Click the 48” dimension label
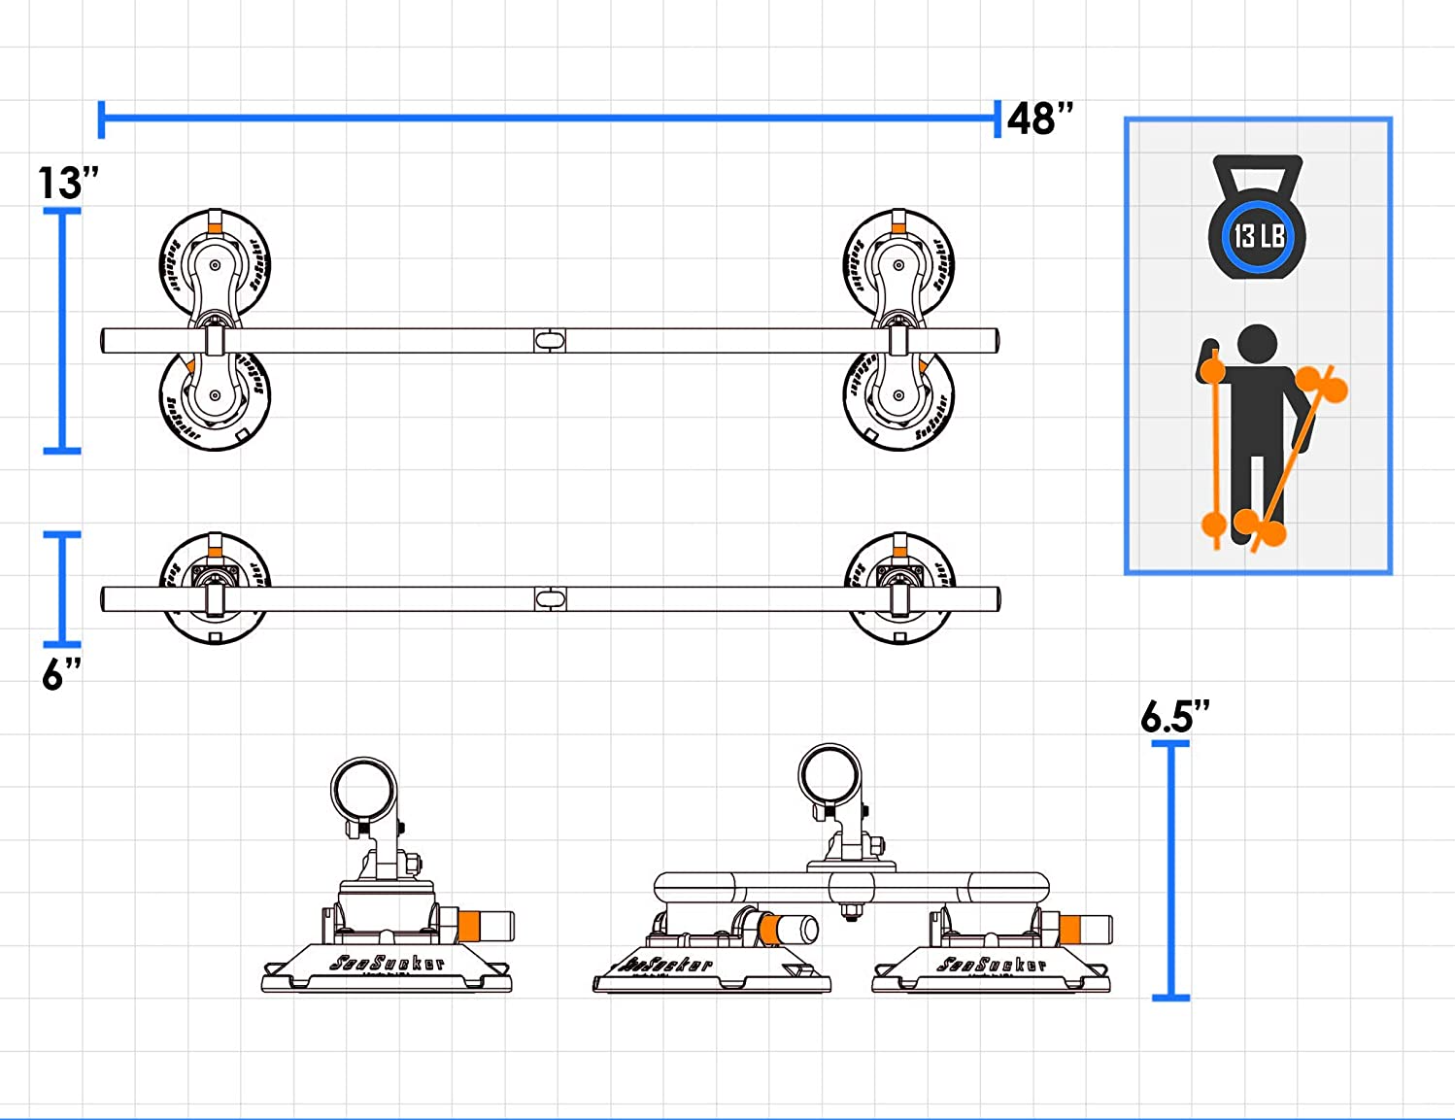(x=1040, y=119)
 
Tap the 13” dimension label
(x=68, y=183)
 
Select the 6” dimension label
(x=61, y=673)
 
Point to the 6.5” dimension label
(x=1174, y=717)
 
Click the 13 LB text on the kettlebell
(x=1259, y=236)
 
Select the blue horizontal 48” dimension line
(x=549, y=119)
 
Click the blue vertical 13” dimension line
(x=63, y=330)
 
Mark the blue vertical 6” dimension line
(x=63, y=588)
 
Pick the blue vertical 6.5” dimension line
(x=1170, y=869)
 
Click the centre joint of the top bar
(x=550, y=341)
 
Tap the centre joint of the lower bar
(x=550, y=598)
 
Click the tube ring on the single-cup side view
(x=364, y=790)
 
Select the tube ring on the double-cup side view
(x=830, y=776)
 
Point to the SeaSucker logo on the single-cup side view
(x=388, y=963)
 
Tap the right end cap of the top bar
(x=994, y=341)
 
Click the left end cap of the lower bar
(x=105, y=598)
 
